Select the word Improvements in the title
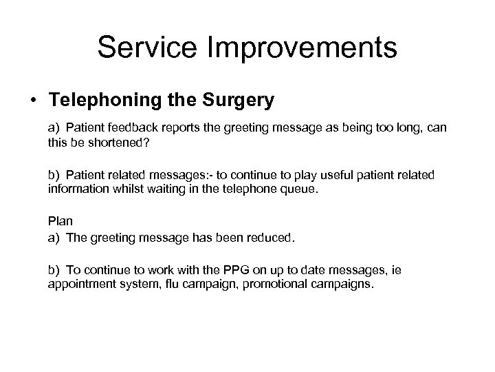point(302,48)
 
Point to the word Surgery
point(236,101)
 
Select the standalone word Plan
point(59,221)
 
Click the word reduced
point(270,238)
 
